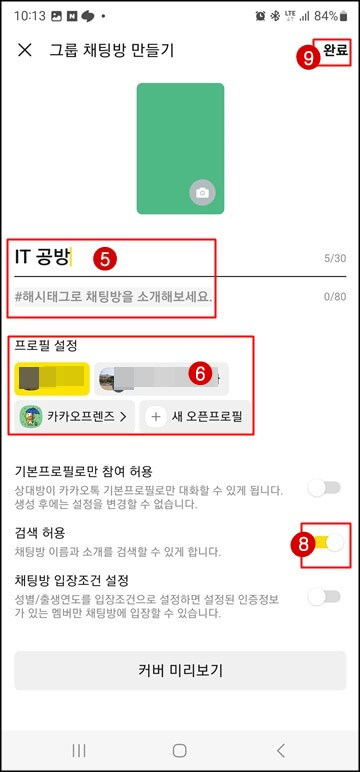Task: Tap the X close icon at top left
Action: tap(25, 50)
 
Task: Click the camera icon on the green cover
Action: tap(202, 192)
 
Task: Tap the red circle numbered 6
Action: tap(199, 374)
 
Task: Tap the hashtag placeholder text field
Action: tap(113, 297)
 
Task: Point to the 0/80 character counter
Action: tap(335, 297)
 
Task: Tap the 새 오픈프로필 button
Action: tap(197, 416)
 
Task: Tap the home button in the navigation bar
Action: tap(180, 750)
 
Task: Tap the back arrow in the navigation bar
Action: tap(281, 750)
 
